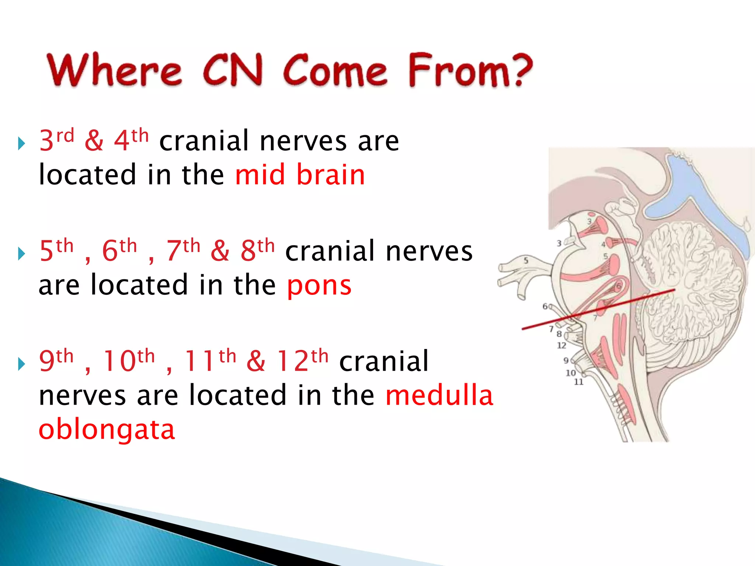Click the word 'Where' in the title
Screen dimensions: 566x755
(114, 70)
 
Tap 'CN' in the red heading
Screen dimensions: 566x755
(233, 70)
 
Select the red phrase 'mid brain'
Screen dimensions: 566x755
(300, 175)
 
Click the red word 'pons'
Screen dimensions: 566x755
(319, 285)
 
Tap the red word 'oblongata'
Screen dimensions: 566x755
(107, 430)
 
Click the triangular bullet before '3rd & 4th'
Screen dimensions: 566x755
(21, 143)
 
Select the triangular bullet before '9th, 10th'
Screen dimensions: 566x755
(21, 364)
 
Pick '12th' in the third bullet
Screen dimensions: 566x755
(302, 361)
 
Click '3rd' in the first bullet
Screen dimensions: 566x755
(57, 140)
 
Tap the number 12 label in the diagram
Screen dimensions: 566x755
(561, 345)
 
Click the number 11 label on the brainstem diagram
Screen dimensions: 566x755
(579, 382)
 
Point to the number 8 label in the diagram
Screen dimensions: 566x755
(559, 334)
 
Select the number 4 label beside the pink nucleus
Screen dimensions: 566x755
(603, 244)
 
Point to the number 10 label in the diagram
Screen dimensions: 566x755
(571, 373)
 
